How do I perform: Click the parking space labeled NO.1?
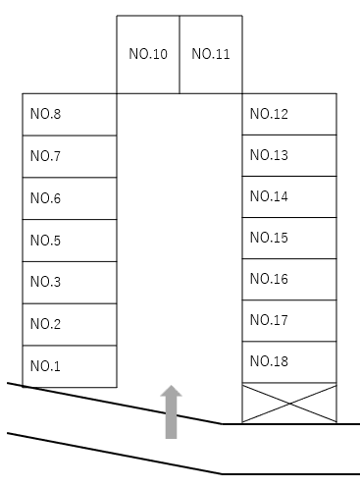70,366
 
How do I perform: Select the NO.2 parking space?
70,324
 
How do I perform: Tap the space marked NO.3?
70,282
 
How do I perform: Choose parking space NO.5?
70,241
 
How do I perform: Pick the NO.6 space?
70,198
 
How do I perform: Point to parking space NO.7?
70,156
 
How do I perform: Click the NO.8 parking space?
70,114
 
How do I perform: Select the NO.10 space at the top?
148,54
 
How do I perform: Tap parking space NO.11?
211,54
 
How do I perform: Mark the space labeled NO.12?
289,114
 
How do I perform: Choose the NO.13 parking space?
289,155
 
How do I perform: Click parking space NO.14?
289,196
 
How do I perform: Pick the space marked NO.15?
289,238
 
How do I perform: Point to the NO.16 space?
289,279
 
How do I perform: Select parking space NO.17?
289,320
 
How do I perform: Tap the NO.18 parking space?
289,361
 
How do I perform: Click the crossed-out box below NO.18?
289,403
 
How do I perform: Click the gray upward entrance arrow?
172,411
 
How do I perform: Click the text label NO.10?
148,54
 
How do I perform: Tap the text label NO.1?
45,366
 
